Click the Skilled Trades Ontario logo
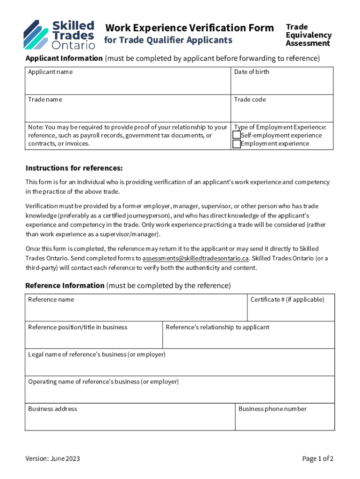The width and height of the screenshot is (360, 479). pyautogui.click(x=59, y=35)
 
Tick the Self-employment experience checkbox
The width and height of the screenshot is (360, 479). pyautogui.click(x=237, y=135)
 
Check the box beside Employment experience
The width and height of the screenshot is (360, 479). pyautogui.click(x=237, y=144)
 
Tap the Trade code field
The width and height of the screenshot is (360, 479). pyautogui.click(x=282, y=111)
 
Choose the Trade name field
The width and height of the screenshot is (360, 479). pyautogui.click(x=128, y=111)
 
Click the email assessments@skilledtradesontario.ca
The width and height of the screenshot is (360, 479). pyautogui.click(x=196, y=258)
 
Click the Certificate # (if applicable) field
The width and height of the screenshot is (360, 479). pyautogui.click(x=291, y=311)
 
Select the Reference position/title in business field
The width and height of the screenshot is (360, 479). pyautogui.click(x=94, y=338)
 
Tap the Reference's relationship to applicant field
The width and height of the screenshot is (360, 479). pyautogui.click(x=248, y=338)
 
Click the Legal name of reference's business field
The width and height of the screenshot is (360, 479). pyautogui.click(x=180, y=365)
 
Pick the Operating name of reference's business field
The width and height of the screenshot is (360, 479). pyautogui.click(x=180, y=392)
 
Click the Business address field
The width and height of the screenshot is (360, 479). pyautogui.click(x=130, y=420)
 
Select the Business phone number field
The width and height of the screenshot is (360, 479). pyautogui.click(x=285, y=420)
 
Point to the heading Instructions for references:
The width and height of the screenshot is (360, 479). pyautogui.click(x=74, y=168)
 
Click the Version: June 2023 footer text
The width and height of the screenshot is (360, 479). pyautogui.click(x=53, y=458)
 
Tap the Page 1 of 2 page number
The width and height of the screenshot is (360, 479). pyautogui.click(x=317, y=458)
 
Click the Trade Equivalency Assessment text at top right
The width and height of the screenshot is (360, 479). pyautogui.click(x=309, y=35)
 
